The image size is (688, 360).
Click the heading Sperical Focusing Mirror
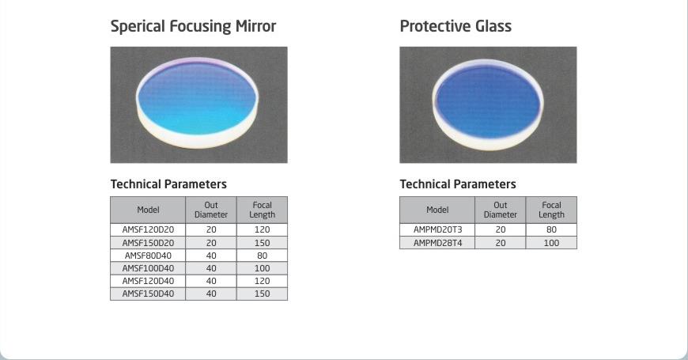193,26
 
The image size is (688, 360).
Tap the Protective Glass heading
456,26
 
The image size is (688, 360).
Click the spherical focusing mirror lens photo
198,104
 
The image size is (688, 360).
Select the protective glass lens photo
488,104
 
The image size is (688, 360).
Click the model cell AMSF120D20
148,229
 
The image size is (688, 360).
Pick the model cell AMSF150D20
148,243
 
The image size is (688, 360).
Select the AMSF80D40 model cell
148,256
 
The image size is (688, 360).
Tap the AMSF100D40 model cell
148,268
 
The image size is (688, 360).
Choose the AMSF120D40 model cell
148,281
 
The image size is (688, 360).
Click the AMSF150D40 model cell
148,294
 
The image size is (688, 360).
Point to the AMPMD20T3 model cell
437,229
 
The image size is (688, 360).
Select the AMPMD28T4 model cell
437,243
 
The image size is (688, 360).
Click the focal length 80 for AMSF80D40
262,256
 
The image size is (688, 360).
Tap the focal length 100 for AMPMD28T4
551,243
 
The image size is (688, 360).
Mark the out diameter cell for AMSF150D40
211,294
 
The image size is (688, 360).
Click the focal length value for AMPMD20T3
551,229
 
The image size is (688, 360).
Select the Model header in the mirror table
148,210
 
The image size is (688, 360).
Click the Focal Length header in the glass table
551,210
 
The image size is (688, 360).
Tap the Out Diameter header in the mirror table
211,210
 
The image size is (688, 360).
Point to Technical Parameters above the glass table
458,184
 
